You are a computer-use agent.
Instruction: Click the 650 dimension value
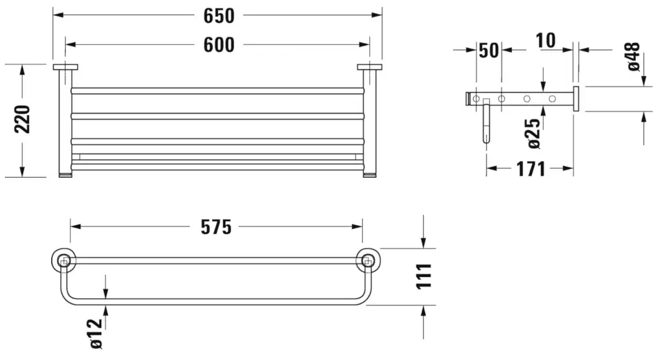219,16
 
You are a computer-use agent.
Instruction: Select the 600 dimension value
219,45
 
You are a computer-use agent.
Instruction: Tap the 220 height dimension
22,120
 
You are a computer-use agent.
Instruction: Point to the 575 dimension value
216,227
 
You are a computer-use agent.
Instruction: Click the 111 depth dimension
423,276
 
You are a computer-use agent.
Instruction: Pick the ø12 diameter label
96,333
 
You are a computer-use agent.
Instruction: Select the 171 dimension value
531,169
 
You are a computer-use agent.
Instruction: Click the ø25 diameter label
533,134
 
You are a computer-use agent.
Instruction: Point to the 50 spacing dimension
489,51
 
